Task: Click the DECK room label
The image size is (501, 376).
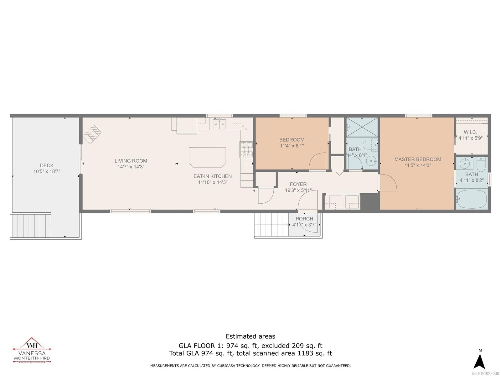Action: point(47,165)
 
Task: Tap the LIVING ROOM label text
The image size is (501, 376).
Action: point(131,161)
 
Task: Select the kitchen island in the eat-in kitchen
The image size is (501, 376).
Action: point(207,157)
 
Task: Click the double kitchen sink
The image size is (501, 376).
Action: point(220,124)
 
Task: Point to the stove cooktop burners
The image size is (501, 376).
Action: point(246,149)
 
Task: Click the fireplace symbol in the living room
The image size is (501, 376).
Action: point(92,134)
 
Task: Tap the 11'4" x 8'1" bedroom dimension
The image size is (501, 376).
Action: point(292,146)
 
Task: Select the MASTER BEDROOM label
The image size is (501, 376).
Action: point(418,159)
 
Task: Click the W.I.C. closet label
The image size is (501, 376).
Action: point(470,132)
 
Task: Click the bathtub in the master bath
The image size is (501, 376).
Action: point(472,199)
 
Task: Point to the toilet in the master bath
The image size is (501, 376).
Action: point(481,163)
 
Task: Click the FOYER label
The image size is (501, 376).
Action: point(298,184)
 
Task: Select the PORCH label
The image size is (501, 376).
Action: point(304,219)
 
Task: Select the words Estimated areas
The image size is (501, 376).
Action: point(250,336)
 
